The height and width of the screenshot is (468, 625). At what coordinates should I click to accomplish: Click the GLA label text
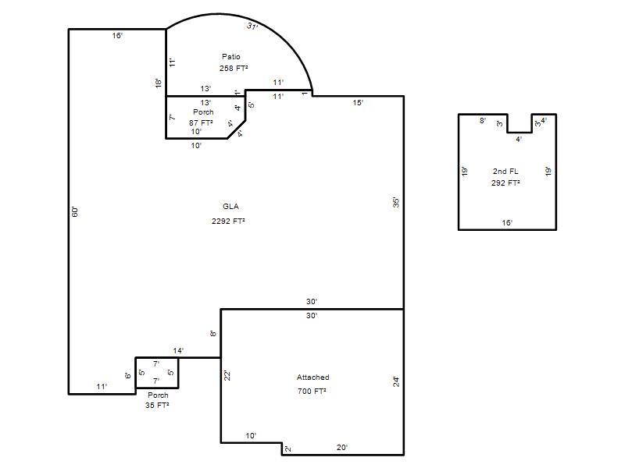(x=230, y=207)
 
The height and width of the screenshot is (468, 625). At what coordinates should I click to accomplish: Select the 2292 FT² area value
(x=228, y=221)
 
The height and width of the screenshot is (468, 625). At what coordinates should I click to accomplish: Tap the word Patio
(x=231, y=56)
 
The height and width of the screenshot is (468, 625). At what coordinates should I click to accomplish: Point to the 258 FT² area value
(x=234, y=68)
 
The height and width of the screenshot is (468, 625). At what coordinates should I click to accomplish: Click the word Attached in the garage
(x=313, y=378)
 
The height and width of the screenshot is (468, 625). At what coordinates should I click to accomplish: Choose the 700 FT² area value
(x=312, y=392)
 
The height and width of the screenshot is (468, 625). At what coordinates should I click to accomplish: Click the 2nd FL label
(x=505, y=171)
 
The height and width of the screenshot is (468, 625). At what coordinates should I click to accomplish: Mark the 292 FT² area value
(x=505, y=183)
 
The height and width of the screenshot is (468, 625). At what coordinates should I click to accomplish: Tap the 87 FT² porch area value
(x=201, y=122)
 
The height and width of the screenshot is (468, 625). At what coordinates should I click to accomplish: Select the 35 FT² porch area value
(x=157, y=405)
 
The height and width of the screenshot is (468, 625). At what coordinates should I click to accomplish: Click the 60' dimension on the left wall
(x=75, y=211)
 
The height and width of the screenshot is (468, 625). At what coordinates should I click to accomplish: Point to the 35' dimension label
(x=396, y=203)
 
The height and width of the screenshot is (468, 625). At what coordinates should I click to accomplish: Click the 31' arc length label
(x=252, y=27)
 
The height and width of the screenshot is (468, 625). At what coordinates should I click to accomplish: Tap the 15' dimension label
(x=358, y=103)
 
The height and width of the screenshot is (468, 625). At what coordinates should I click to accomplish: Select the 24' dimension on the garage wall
(x=396, y=382)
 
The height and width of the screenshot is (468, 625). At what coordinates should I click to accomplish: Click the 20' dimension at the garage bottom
(x=342, y=448)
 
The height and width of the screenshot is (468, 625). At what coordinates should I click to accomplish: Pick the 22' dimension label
(x=227, y=375)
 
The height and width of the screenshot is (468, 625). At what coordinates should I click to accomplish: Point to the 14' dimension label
(x=178, y=350)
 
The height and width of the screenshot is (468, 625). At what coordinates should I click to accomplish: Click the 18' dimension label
(x=159, y=83)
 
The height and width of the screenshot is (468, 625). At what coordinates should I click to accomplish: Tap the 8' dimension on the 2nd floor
(x=483, y=120)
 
